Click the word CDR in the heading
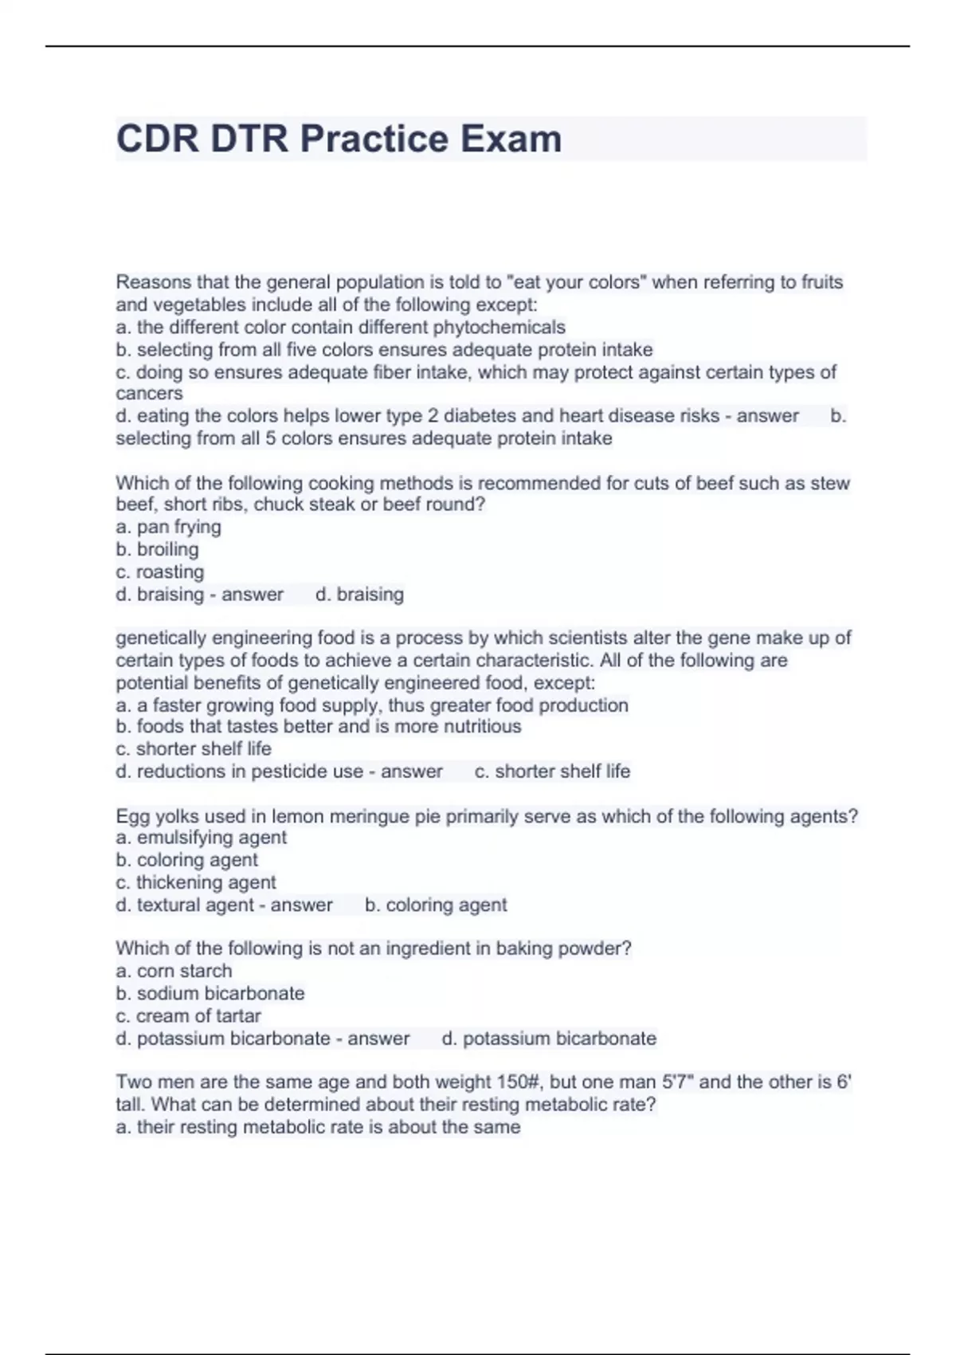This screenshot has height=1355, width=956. coord(158,139)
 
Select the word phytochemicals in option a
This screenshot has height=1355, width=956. coord(499,327)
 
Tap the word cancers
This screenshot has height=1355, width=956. coord(149,394)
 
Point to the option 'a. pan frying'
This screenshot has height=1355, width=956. coord(168,527)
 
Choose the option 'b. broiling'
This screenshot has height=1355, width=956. coord(157,549)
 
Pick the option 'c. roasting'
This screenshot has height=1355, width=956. coord(159,571)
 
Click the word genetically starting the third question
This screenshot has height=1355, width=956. coord(163,638)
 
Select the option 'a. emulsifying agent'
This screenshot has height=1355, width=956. coord(201,838)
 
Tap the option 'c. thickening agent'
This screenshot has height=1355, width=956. coord(196,882)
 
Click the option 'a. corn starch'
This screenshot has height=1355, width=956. coord(174,971)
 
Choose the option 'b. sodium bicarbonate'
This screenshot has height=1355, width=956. coord(210,993)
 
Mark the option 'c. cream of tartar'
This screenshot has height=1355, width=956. coord(188,1015)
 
